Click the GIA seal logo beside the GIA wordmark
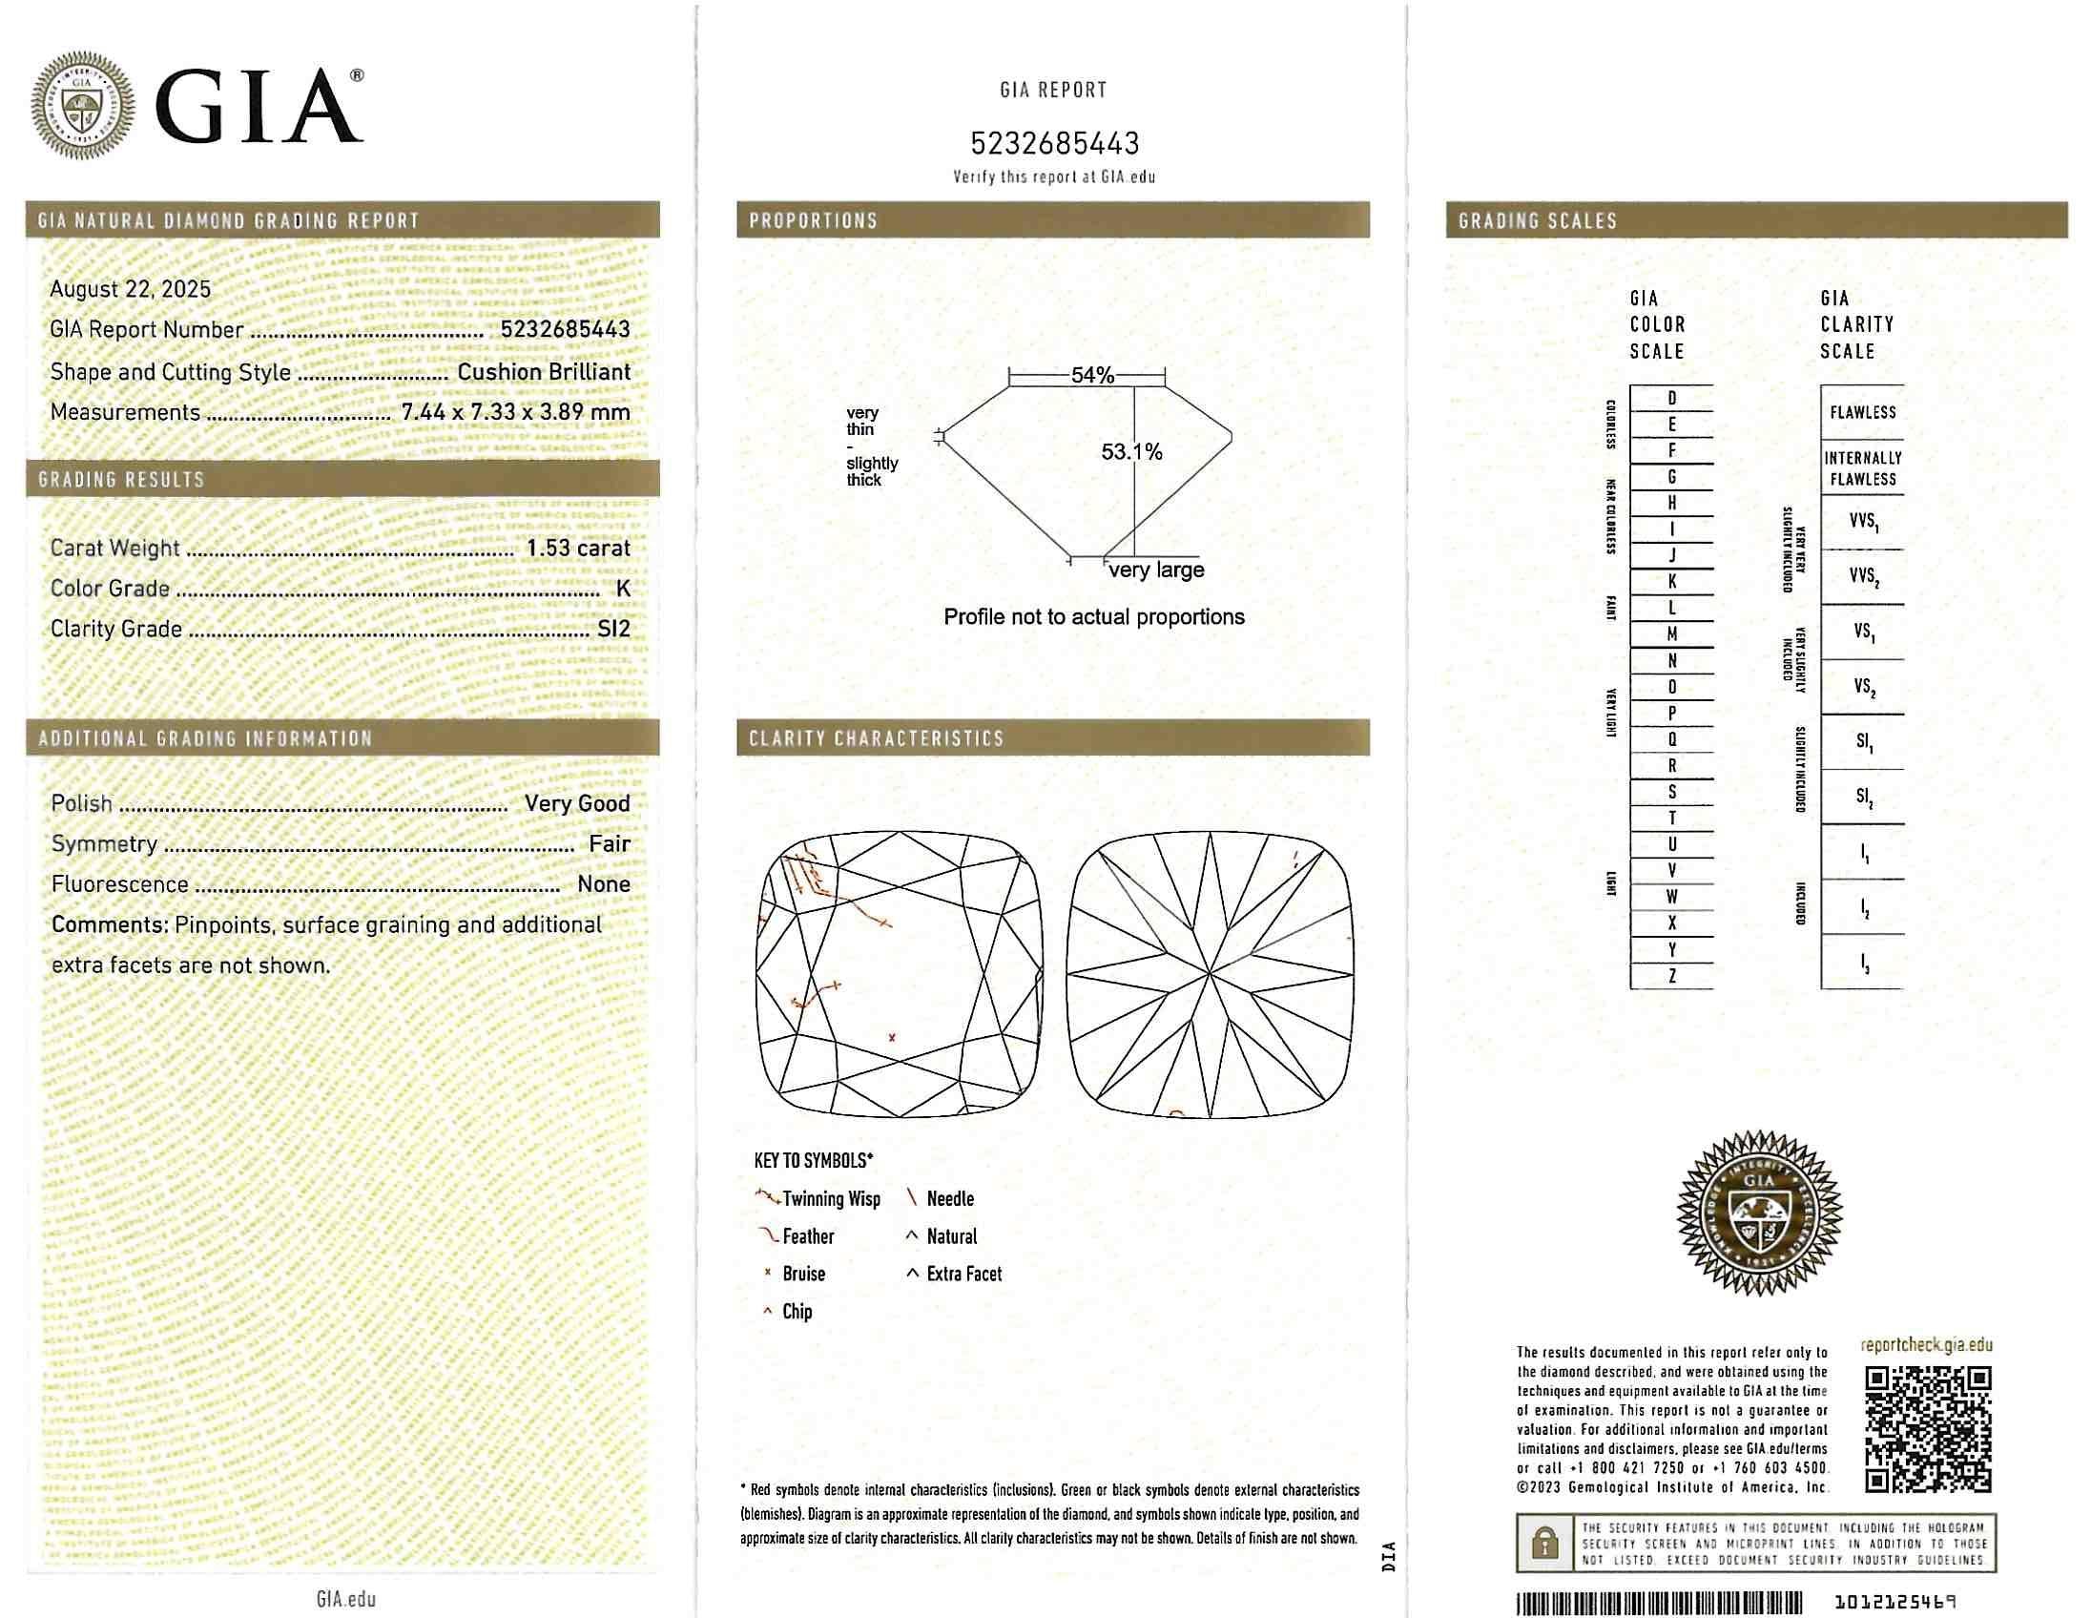82,104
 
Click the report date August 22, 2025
130,289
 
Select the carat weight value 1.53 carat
578,548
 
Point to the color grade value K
623,588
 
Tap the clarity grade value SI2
613,629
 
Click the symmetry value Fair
610,843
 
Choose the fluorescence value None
604,883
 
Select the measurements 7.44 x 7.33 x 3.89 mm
515,413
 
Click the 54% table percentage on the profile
1092,375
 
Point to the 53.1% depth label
1130,452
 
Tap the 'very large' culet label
1156,570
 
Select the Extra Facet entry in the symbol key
963,1275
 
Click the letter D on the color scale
1671,398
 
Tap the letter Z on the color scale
1671,977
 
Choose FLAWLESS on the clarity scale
1862,413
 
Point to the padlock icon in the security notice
1544,1544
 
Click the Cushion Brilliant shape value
544,371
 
